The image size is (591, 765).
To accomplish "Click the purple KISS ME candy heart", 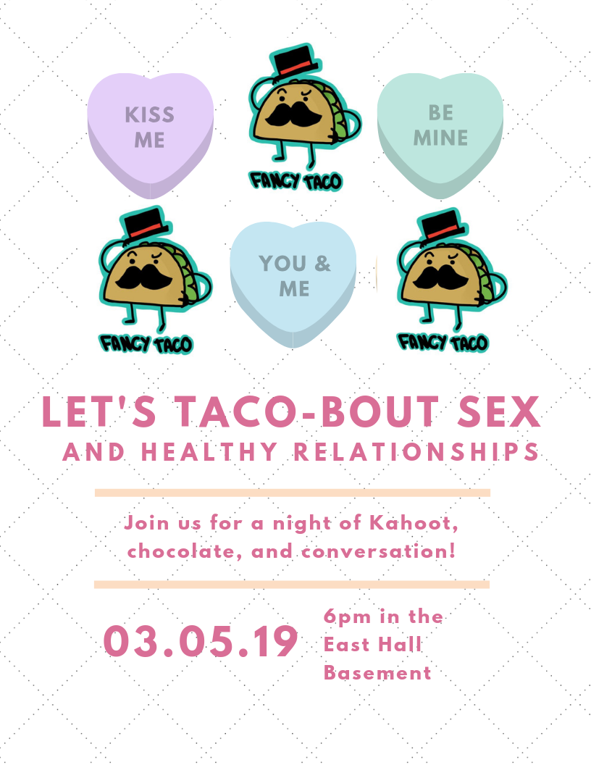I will click(150, 134).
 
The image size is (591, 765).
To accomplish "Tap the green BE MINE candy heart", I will click(440, 134).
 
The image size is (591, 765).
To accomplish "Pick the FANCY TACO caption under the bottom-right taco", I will click(443, 340).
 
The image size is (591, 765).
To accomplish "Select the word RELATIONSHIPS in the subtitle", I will click(416, 452).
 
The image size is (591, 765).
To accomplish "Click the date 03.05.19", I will click(201, 641).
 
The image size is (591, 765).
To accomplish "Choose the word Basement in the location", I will click(377, 672).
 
